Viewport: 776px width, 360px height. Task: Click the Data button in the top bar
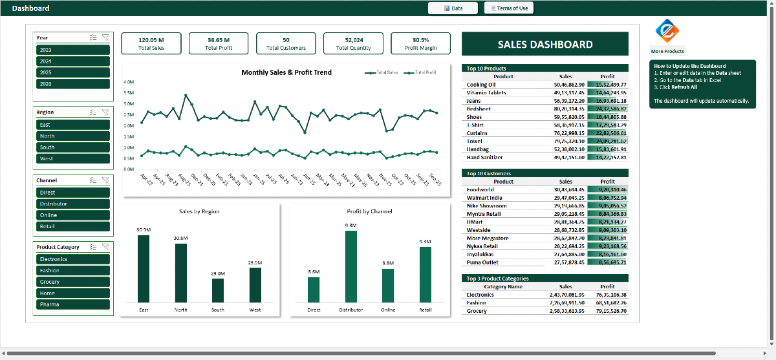[x=453, y=8]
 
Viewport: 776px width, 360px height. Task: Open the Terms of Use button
[x=508, y=8]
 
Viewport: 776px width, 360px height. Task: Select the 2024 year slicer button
[x=73, y=61]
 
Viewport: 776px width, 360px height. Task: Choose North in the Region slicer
[x=73, y=136]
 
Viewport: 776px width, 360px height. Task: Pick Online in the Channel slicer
[x=73, y=215]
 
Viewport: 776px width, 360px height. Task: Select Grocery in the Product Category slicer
[x=73, y=282]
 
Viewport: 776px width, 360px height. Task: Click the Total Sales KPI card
[x=151, y=43]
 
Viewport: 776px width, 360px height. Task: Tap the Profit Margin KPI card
[x=420, y=43]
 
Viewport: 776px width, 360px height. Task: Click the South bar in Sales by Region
[x=218, y=290]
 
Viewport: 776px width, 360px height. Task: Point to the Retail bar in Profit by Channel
[x=425, y=275]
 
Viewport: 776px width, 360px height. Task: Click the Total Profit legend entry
[x=420, y=73]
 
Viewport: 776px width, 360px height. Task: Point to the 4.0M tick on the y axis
[x=128, y=82]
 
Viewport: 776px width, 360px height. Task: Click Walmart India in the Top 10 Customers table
[x=488, y=198]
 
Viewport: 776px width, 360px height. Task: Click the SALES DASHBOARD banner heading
[x=545, y=45]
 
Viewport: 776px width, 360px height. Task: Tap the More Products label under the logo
[x=667, y=51]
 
